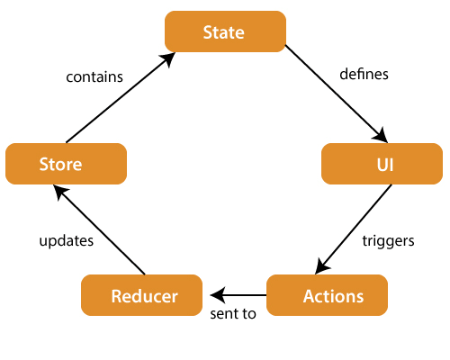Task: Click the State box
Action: (x=225, y=31)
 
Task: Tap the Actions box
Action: (x=327, y=294)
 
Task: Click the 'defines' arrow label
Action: (x=364, y=75)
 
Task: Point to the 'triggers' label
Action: (x=387, y=241)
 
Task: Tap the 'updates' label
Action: (x=67, y=241)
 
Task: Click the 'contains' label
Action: (x=94, y=76)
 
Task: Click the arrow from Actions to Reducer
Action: (x=238, y=294)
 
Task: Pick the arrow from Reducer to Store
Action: (x=99, y=229)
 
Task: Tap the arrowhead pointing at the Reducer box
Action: (x=217, y=294)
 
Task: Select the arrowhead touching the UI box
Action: (x=382, y=137)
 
